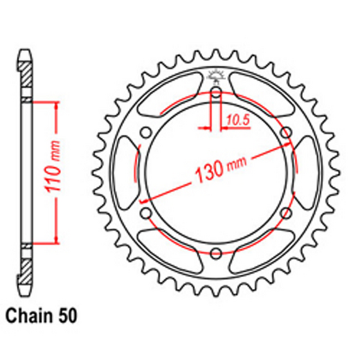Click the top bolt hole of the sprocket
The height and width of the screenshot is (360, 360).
click(215, 91)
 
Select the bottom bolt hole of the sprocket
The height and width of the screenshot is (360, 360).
click(215, 252)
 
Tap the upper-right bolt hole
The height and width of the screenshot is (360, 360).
click(285, 132)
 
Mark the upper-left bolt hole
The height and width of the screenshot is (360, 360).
click(145, 132)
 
